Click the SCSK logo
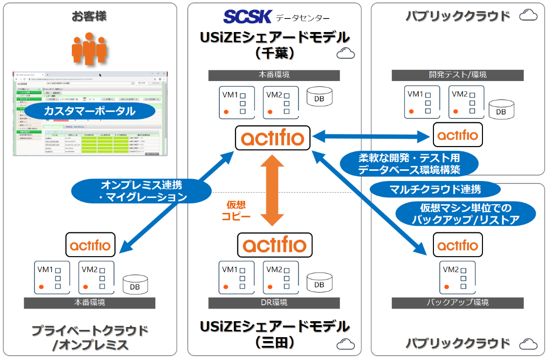coord(247,16)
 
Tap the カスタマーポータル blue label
coord(90,111)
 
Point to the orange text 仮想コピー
coord(238,210)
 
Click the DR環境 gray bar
coord(274,303)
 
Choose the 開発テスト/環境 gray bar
coord(458,75)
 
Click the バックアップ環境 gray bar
coord(458,303)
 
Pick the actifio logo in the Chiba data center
coord(274,138)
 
